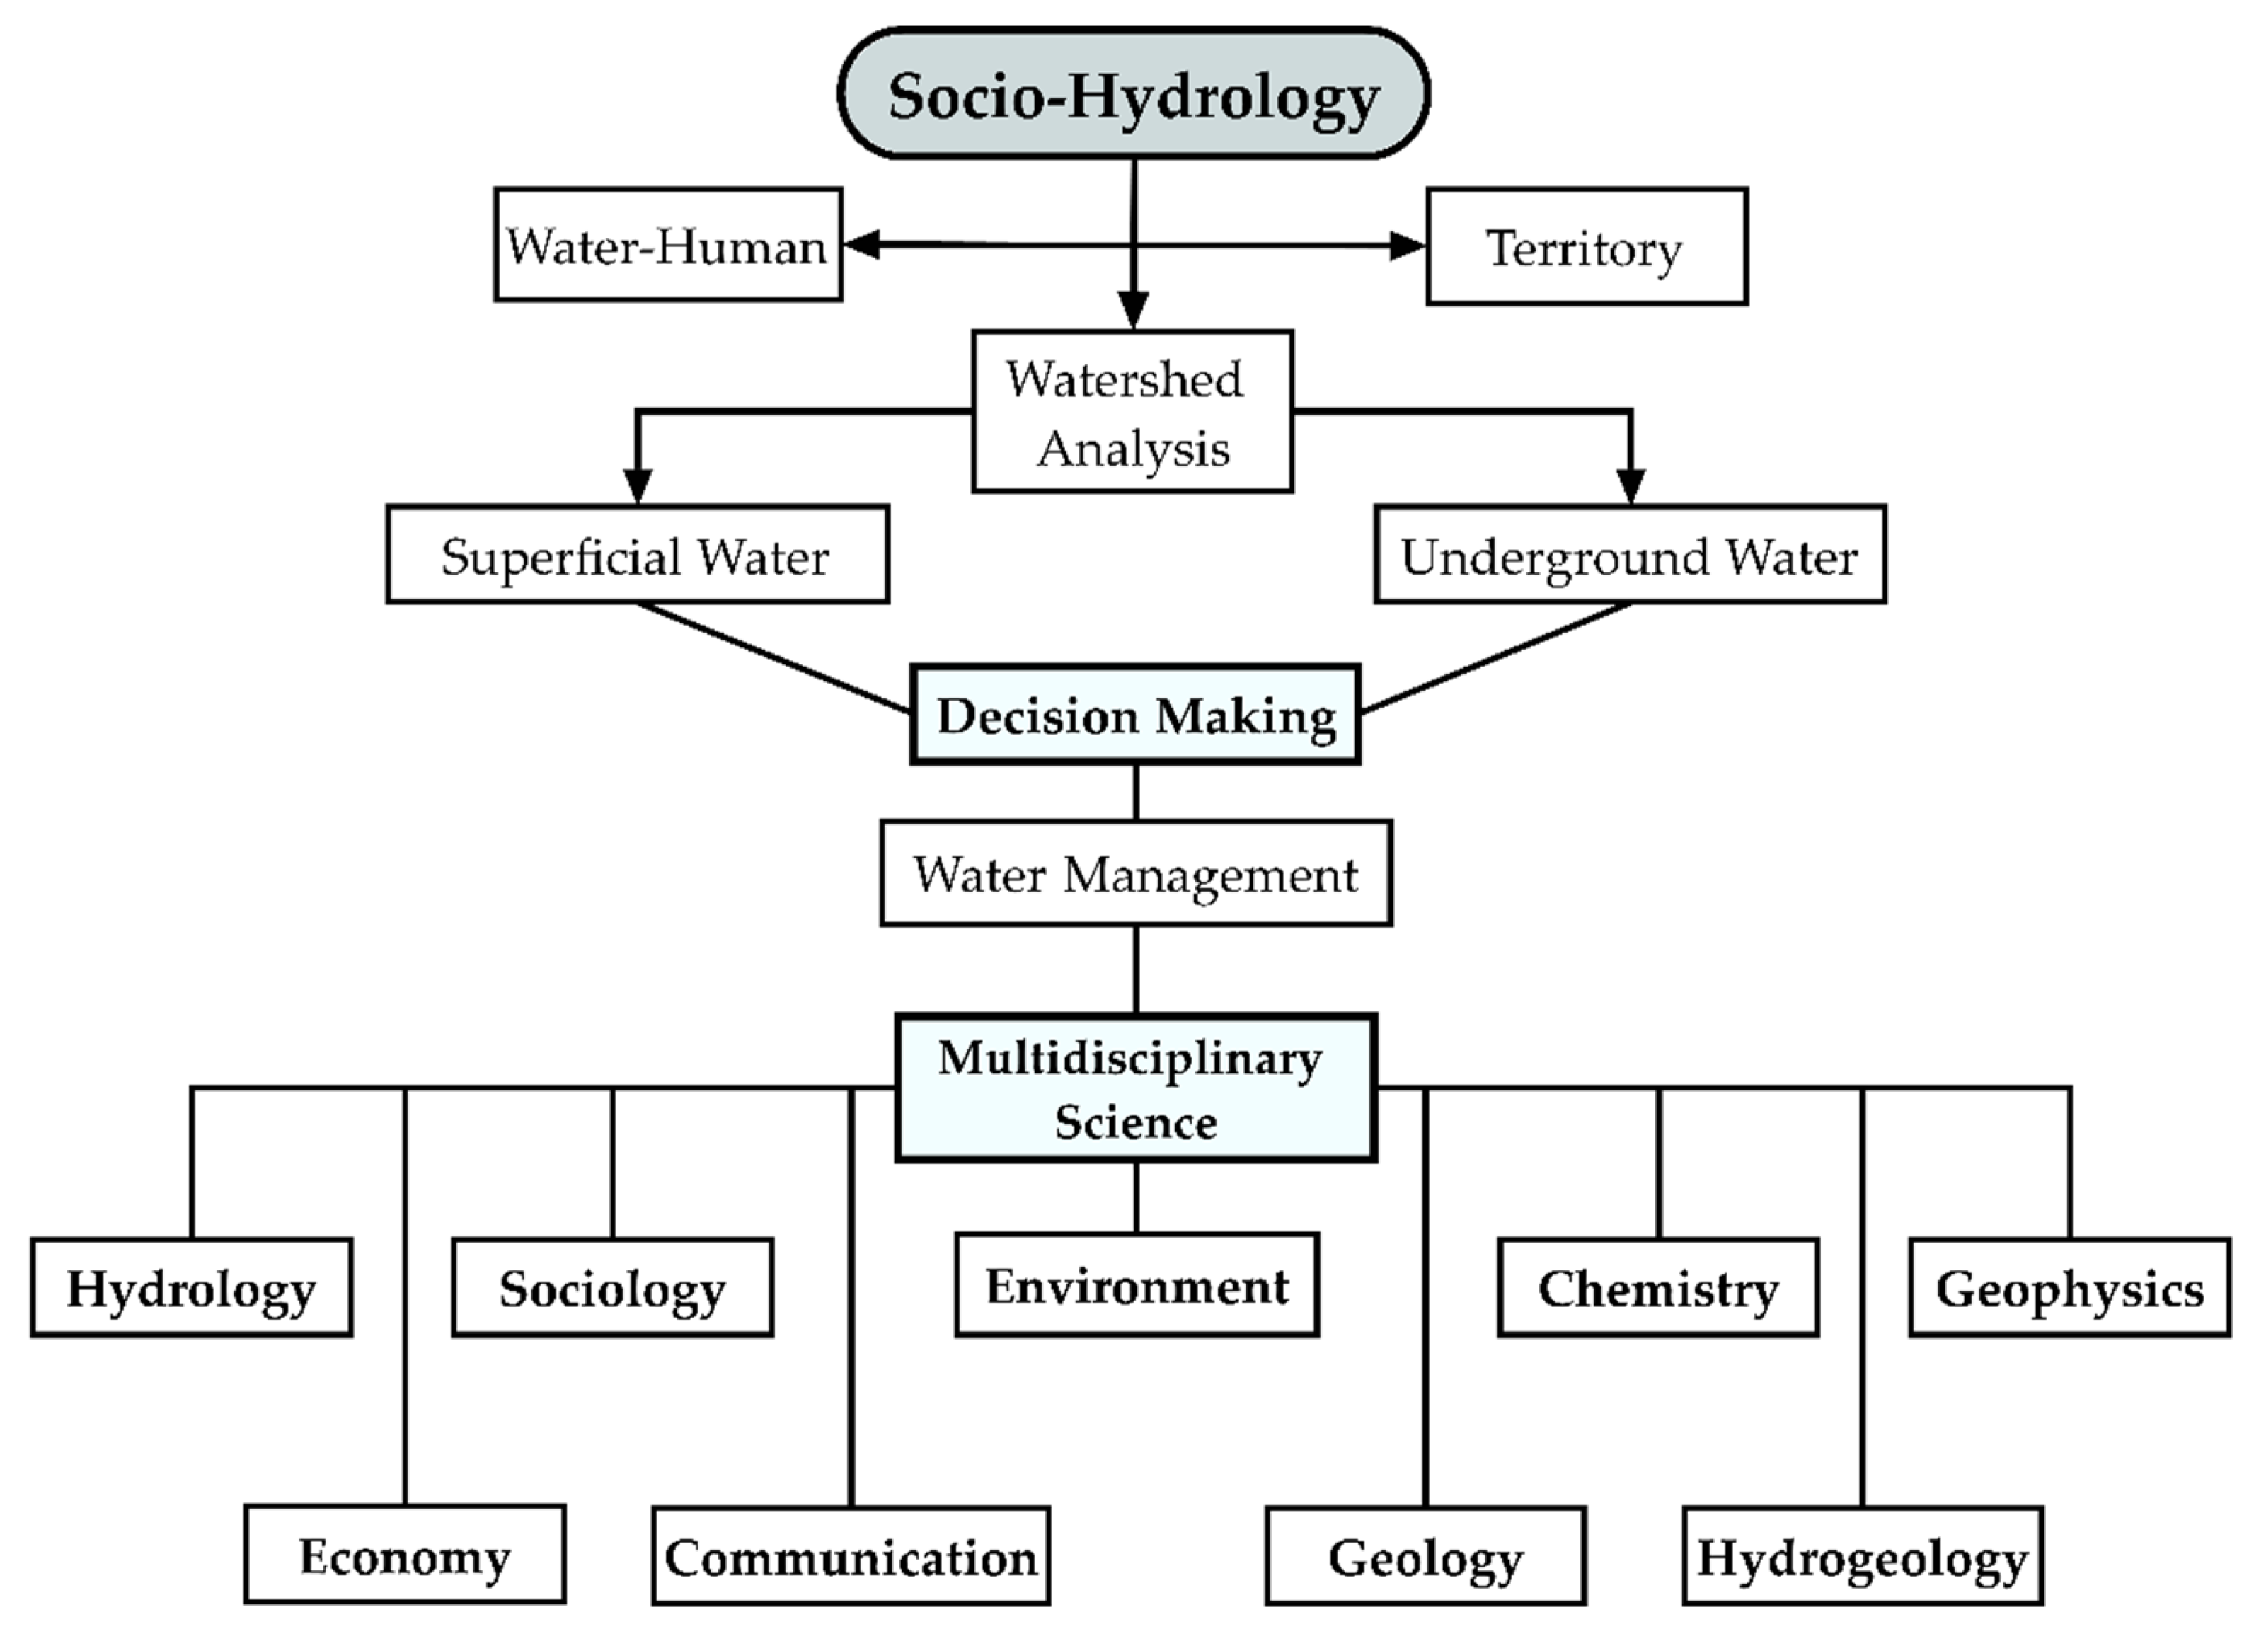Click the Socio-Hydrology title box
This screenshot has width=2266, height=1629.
[1133, 94]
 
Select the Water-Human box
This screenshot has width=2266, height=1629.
[667, 245]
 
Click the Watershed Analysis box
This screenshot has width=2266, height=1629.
[1132, 411]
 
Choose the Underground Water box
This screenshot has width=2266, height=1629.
[1630, 554]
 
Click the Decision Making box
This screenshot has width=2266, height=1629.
[1135, 715]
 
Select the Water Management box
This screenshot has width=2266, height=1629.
[1135, 873]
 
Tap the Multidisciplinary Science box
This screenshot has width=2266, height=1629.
[1135, 1088]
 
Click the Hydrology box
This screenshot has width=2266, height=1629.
[191, 1286]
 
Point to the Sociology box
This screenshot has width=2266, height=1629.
[611, 1286]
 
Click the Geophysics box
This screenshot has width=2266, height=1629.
[2069, 1286]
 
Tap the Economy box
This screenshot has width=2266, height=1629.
[405, 1554]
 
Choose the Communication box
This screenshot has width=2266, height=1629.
[850, 1556]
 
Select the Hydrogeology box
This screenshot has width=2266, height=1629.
[1863, 1556]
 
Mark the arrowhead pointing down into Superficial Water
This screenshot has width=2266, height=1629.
[638, 486]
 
